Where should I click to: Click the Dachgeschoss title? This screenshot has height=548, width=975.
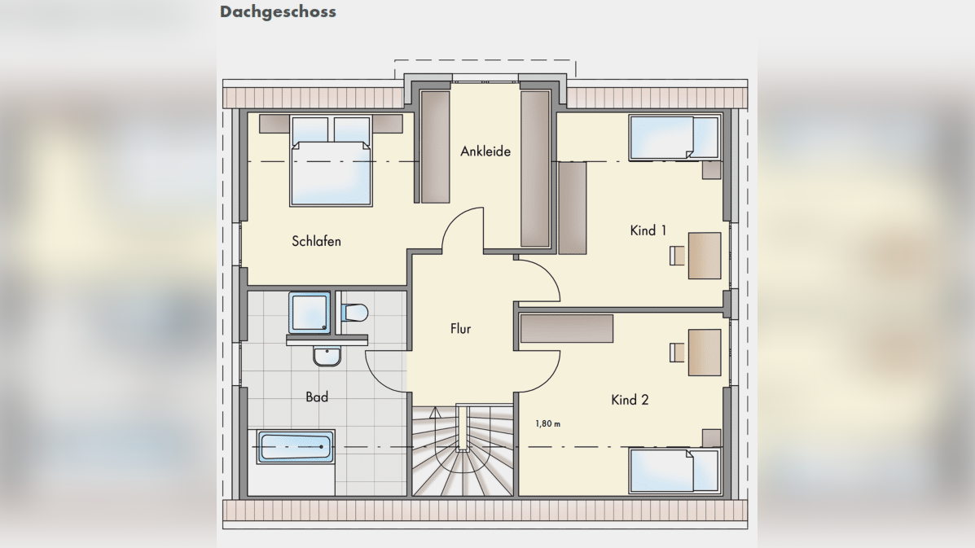pyautogui.click(x=278, y=11)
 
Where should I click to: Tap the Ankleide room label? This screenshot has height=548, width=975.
pyautogui.click(x=485, y=151)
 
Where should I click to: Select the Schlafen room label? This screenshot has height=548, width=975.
pyautogui.click(x=317, y=241)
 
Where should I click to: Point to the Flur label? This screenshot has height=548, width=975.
pyautogui.click(x=461, y=329)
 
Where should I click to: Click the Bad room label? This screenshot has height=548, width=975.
pyautogui.click(x=317, y=397)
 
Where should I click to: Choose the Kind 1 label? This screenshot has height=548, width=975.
pyautogui.click(x=648, y=230)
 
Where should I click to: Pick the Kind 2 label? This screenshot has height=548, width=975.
pyautogui.click(x=630, y=400)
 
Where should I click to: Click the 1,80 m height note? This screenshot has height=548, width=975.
pyautogui.click(x=548, y=423)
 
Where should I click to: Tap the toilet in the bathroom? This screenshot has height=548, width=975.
pyautogui.click(x=354, y=313)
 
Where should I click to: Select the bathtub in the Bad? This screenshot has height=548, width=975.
pyautogui.click(x=296, y=447)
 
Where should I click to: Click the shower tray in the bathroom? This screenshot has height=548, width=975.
pyautogui.click(x=310, y=313)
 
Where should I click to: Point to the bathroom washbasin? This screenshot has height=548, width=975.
pyautogui.click(x=327, y=356)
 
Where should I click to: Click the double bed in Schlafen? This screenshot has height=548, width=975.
pyautogui.click(x=331, y=160)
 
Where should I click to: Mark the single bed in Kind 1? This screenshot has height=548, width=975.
pyautogui.click(x=674, y=138)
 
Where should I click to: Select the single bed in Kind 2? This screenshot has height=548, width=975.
pyautogui.click(x=674, y=471)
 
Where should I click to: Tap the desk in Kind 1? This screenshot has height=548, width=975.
pyautogui.click(x=705, y=256)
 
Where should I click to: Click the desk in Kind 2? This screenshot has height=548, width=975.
pyautogui.click(x=705, y=353)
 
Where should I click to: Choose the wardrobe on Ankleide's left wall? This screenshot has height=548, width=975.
pyautogui.click(x=435, y=147)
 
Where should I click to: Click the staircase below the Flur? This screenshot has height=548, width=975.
pyautogui.click(x=463, y=450)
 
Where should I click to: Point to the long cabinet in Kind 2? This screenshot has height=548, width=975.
pyautogui.click(x=566, y=329)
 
